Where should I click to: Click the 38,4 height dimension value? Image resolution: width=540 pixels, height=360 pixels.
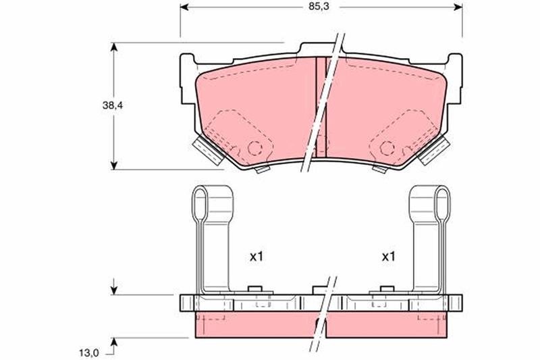(x=113, y=106)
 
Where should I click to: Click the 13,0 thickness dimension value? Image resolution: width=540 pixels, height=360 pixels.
(x=89, y=353)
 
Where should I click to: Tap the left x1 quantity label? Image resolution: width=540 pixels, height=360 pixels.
(x=256, y=257)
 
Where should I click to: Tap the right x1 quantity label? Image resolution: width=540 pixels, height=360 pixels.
(x=389, y=257)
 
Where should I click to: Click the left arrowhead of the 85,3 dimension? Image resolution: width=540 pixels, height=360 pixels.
(x=184, y=7)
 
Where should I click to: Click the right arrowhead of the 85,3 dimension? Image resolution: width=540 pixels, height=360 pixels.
(x=458, y=7)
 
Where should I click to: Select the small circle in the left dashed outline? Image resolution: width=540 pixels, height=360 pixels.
(x=255, y=148)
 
